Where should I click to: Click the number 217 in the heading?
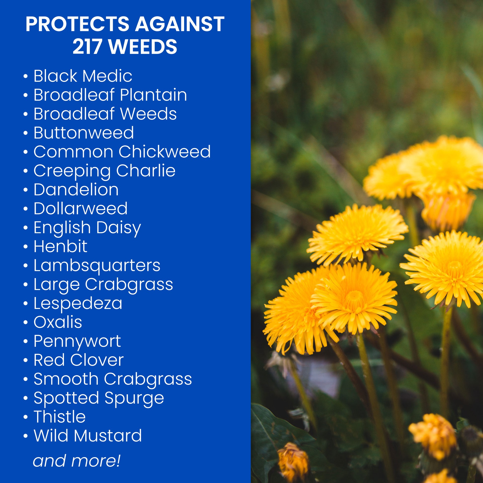[87, 47]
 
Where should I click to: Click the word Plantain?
[153, 95]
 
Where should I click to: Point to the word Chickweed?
[165, 151]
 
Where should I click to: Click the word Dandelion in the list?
[76, 189]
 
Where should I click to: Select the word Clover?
[97, 360]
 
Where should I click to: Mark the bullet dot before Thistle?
[25, 417]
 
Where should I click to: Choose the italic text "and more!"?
[77, 461]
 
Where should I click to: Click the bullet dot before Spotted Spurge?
[25, 398]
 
